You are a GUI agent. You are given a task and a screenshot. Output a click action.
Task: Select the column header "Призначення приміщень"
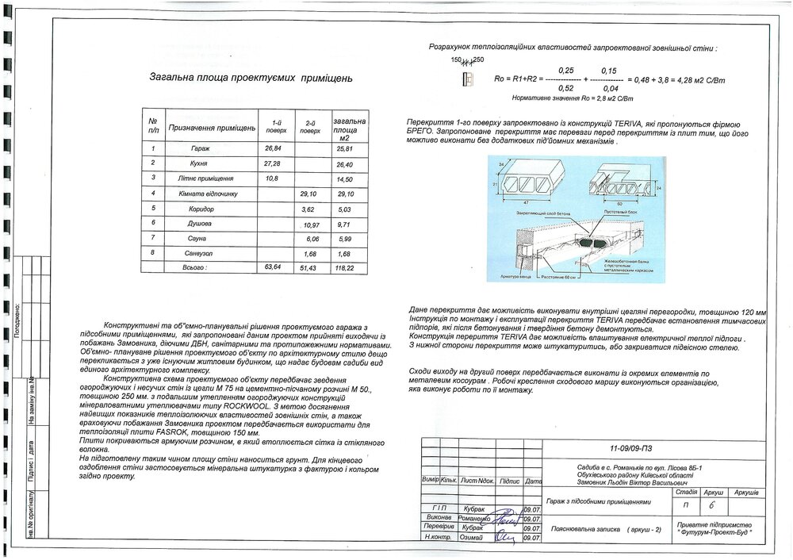[x=210, y=128]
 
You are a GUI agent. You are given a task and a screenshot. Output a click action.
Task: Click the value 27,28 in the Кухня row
[x=271, y=163]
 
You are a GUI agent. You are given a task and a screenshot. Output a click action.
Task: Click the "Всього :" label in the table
[x=194, y=269]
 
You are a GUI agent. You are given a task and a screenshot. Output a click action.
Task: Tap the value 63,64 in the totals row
[x=273, y=269]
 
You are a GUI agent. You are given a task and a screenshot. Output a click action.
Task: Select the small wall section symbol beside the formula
[x=467, y=80]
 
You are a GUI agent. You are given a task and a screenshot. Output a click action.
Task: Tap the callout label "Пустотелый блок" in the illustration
[x=620, y=213]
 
